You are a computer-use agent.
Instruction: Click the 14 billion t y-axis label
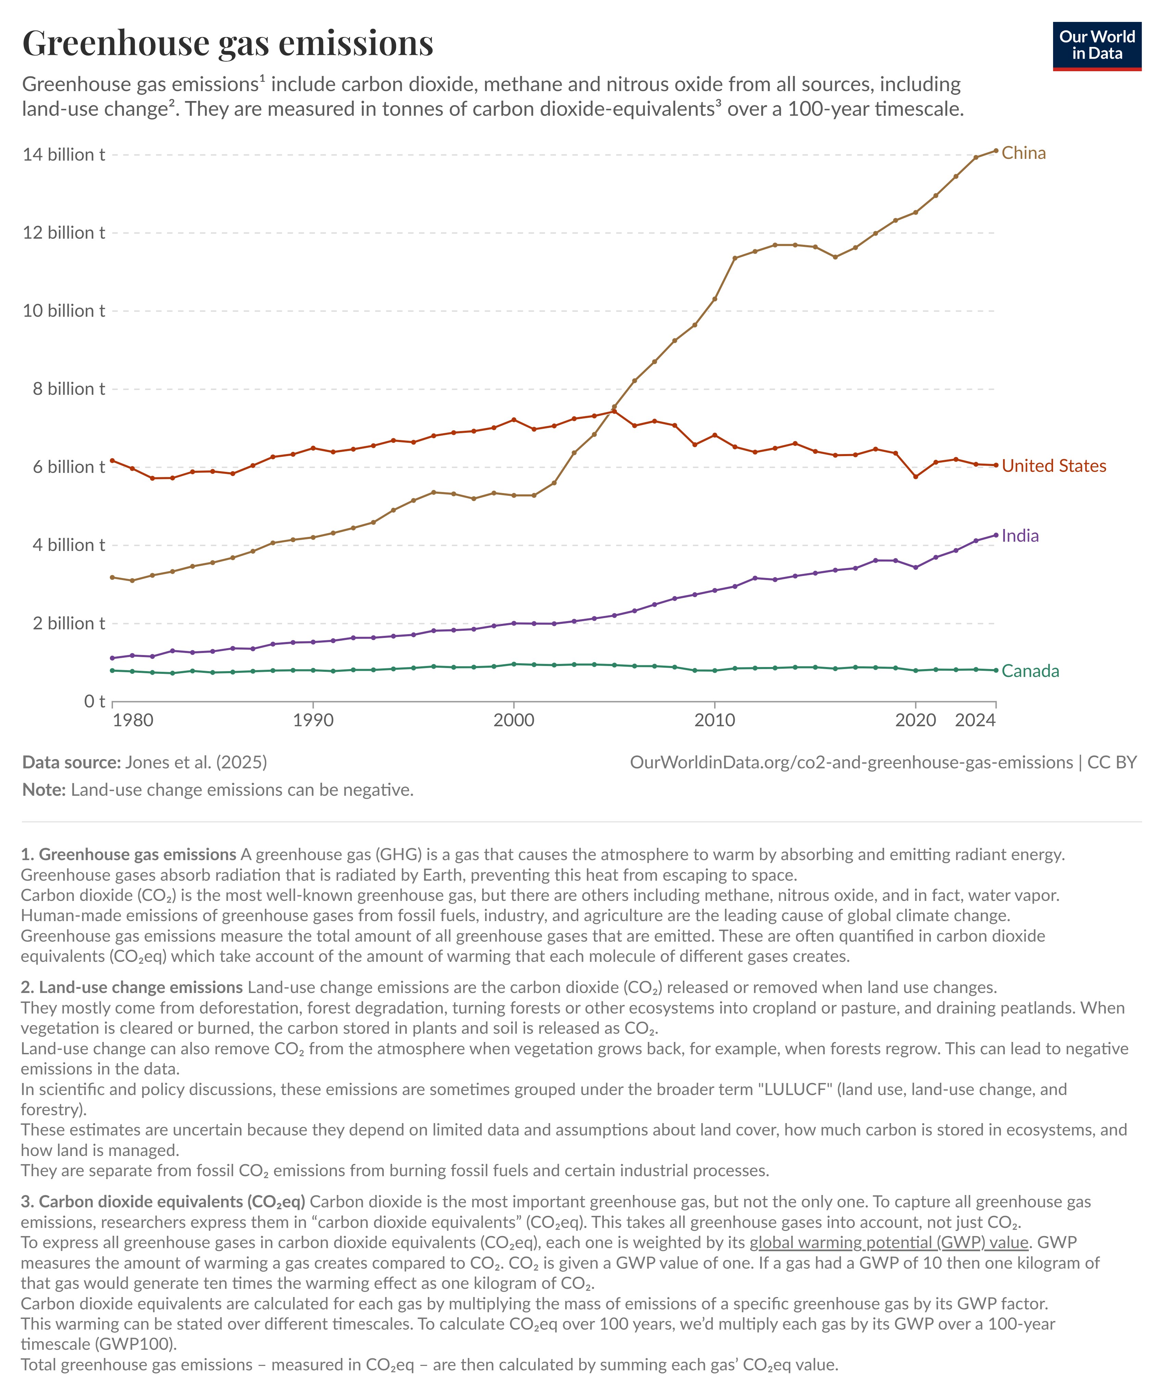(64, 155)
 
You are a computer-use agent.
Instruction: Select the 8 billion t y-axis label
(68, 389)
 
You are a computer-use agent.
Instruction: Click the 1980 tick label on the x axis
(133, 720)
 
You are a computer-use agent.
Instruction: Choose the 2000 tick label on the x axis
(513, 720)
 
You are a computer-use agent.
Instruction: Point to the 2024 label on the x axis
(975, 720)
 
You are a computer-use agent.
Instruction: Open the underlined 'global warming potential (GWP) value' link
(889, 1243)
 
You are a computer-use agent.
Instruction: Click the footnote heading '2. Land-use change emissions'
(131, 987)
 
